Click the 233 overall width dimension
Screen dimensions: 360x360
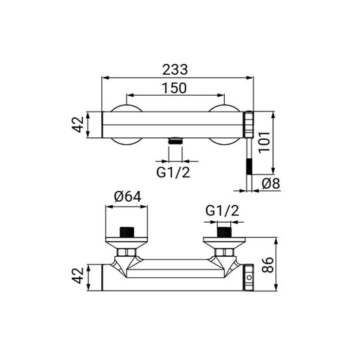[175, 69]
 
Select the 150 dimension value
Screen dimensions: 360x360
[175, 88]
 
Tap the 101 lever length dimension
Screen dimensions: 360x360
[264, 143]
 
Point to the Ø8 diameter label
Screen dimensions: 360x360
[271, 183]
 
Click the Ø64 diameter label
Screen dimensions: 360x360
[128, 197]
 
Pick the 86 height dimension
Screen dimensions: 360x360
[268, 265]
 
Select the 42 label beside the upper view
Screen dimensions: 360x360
[78, 124]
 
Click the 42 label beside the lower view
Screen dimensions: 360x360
[78, 276]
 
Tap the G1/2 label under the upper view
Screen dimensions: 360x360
[173, 173]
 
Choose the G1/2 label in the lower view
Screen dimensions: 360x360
[222, 211]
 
